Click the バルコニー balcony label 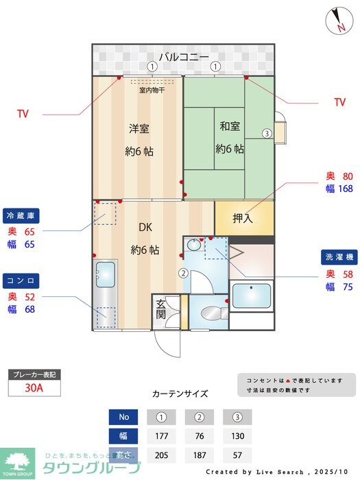point(184,56)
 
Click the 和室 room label point(229,126)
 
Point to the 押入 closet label point(243,219)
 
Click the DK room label point(145,227)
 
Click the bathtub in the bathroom point(251,296)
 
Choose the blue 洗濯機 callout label point(339,258)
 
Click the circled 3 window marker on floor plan point(266,133)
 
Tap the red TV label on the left point(23,114)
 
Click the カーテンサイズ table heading point(180,394)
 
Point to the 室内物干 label point(152,90)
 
